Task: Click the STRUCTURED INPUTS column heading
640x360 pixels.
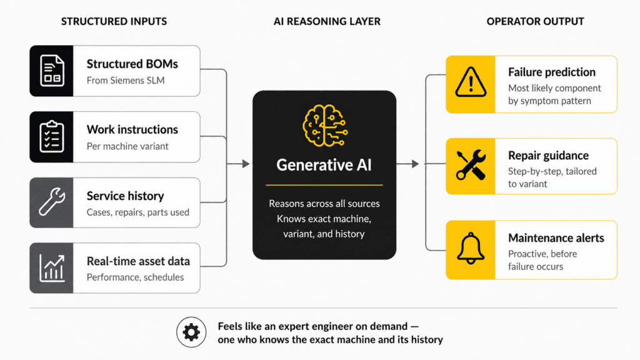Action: click(x=114, y=21)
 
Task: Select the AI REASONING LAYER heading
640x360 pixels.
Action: click(x=327, y=21)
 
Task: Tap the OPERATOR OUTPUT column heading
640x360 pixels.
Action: click(x=535, y=21)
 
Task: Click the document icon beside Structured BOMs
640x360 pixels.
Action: click(x=51, y=71)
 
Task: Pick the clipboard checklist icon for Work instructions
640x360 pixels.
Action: click(x=51, y=137)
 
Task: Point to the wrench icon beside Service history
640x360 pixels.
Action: click(x=51, y=202)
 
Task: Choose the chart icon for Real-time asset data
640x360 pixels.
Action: click(x=51, y=267)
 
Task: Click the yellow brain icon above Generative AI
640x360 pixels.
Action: click(x=324, y=124)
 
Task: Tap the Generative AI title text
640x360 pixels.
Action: click(x=324, y=165)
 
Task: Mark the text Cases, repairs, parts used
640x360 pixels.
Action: click(x=137, y=212)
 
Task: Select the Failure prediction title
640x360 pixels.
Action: click(x=551, y=72)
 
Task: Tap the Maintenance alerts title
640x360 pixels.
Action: click(x=556, y=238)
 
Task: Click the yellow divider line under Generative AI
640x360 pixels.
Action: click(x=324, y=185)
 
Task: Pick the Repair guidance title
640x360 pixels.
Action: click(x=548, y=156)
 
